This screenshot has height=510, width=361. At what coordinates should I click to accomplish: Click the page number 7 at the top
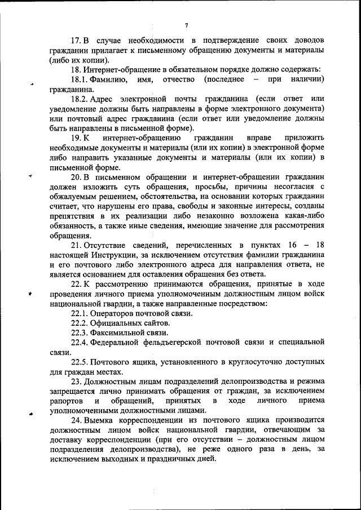click(x=186, y=25)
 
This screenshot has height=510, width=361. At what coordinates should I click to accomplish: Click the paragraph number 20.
click(x=76, y=177)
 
